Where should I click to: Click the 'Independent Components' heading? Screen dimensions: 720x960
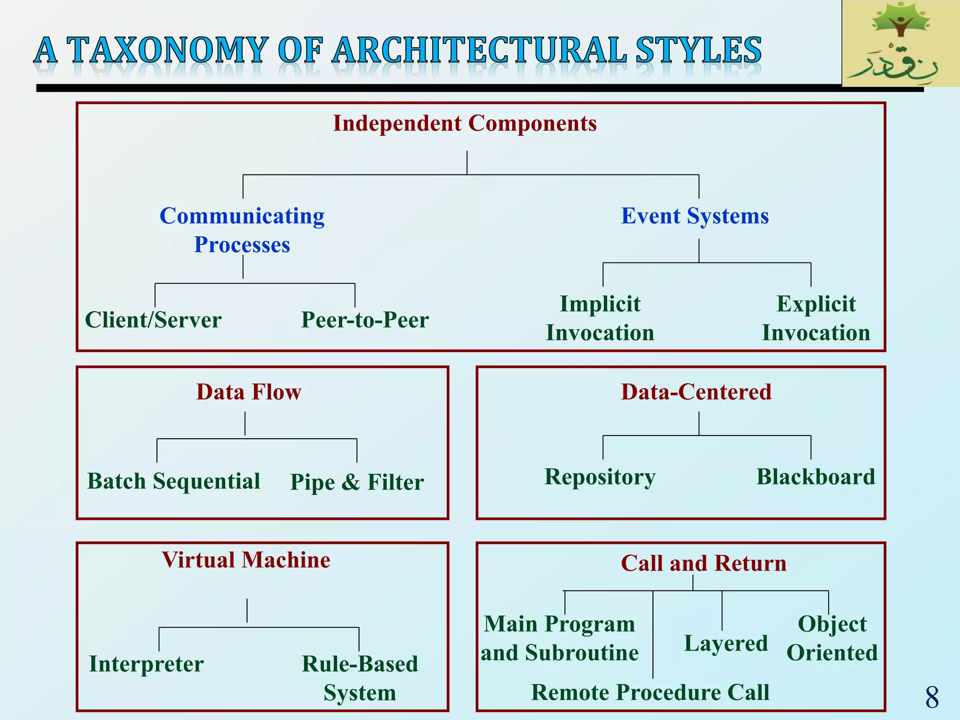[x=465, y=124]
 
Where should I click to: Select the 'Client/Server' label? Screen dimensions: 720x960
[x=153, y=320]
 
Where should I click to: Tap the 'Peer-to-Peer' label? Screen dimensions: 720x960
[x=365, y=320]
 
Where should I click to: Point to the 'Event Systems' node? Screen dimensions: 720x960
[x=695, y=216]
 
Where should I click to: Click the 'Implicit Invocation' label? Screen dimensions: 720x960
[x=600, y=318]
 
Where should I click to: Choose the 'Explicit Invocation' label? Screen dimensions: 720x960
[x=816, y=318]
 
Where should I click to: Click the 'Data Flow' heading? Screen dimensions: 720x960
[x=248, y=392]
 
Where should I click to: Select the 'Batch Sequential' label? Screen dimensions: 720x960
[x=173, y=481]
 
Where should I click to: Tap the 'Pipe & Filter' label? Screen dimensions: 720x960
[x=357, y=482]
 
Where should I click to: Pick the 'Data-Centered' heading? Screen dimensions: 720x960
[x=696, y=392]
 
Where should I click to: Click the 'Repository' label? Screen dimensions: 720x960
[x=600, y=477]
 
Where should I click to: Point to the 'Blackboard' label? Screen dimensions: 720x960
[x=816, y=477]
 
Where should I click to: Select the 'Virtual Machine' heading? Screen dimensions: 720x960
[x=246, y=560]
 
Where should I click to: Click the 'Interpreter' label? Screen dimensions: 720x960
[x=146, y=664]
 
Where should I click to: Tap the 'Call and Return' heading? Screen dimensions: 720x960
[x=704, y=563]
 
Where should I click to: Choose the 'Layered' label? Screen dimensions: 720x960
[x=726, y=644]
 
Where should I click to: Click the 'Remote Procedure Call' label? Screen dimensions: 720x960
[x=650, y=693]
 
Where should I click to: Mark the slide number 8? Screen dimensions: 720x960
[x=932, y=697]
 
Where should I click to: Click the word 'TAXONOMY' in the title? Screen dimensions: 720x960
[x=167, y=50]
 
